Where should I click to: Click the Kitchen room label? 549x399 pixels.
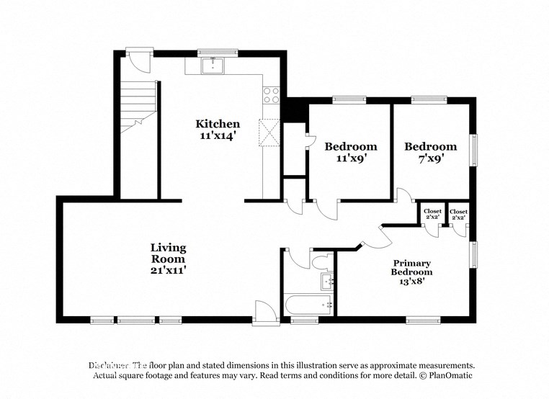point(218,124)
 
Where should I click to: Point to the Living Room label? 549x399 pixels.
point(168,254)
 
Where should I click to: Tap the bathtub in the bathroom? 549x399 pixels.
point(308,305)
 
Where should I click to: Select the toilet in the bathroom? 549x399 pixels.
point(322,259)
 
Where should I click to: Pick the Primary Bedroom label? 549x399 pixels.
point(411,268)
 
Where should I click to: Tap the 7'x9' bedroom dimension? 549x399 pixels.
point(430,158)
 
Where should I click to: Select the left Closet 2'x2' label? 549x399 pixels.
point(432,214)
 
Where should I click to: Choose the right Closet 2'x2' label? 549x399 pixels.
point(458,214)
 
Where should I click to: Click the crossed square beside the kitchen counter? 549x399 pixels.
point(271,131)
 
